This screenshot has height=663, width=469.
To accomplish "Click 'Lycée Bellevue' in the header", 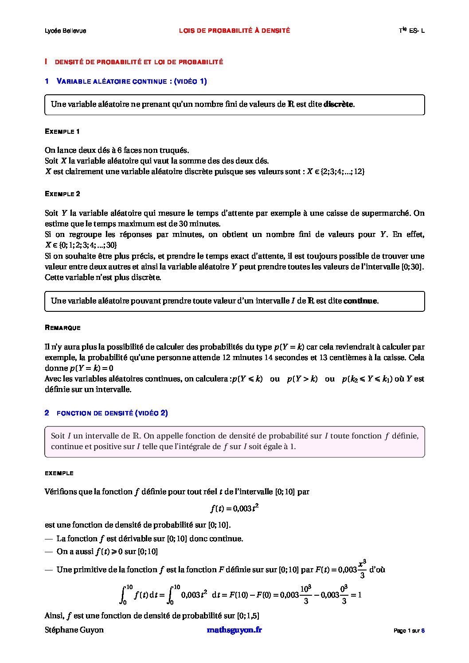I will (66, 31).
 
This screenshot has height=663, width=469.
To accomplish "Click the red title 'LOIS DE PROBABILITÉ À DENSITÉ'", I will (234, 31).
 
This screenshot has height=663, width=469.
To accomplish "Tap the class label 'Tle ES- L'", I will (411, 31).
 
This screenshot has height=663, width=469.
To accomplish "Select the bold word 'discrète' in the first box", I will (339, 105).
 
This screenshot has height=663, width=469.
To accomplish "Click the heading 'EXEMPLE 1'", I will (63, 132).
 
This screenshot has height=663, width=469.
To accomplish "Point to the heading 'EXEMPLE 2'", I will (63, 194).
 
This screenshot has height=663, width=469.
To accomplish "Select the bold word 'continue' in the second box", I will (360, 301).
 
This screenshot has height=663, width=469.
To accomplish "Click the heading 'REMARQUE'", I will (63, 328).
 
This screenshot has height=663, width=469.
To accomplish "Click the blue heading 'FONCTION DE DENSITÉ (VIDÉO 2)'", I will (112, 413).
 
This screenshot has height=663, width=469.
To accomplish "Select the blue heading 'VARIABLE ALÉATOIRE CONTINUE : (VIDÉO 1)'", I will (132, 81).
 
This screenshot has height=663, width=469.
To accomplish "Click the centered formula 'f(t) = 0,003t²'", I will (234, 508).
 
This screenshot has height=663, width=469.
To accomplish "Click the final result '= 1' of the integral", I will (356, 595).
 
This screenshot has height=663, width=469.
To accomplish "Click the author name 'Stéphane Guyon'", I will (74, 630).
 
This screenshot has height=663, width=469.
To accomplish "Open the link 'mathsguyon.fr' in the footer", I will (234, 630).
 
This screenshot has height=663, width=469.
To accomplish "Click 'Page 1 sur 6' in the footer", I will (409, 631).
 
